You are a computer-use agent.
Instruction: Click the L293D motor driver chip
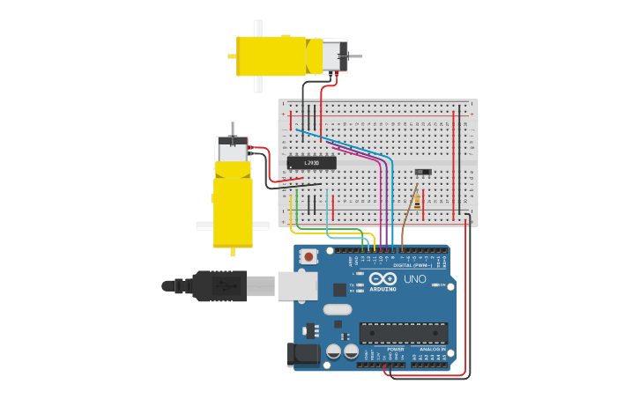click(x=311, y=163)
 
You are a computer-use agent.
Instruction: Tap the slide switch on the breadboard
click(x=423, y=172)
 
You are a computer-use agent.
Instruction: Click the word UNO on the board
click(x=414, y=279)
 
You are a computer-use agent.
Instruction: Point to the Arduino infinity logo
click(x=383, y=279)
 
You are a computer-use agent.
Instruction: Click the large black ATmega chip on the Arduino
click(x=403, y=333)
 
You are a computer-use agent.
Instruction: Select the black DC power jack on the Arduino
click(x=302, y=355)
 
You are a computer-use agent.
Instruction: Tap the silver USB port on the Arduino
click(x=297, y=285)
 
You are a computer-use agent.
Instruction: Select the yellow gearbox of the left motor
click(x=233, y=212)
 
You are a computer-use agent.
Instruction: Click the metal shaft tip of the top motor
click(x=358, y=56)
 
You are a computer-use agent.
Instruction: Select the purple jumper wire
click(x=381, y=203)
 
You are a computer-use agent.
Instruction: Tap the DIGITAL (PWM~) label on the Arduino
click(x=412, y=265)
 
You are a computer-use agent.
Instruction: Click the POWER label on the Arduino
click(x=396, y=349)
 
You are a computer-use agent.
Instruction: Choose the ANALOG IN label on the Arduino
click(x=433, y=349)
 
